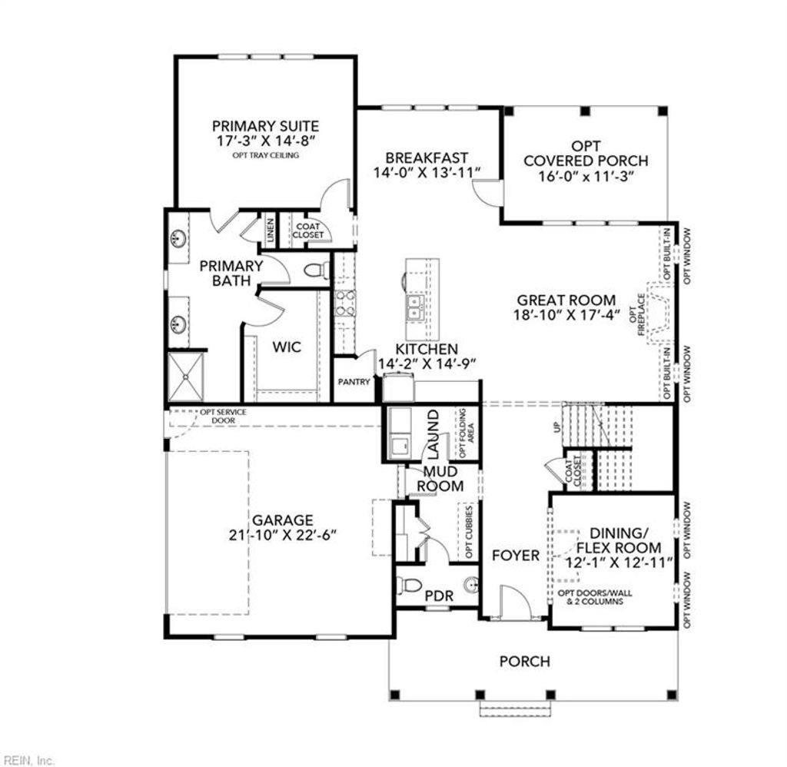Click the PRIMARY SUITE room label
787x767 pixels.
coord(265,126)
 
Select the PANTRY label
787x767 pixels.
coord(354,382)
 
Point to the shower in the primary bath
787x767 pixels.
coord(186,376)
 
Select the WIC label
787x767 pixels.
coord(287,347)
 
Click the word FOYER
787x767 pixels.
coord(515,556)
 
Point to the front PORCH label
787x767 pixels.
coord(525,661)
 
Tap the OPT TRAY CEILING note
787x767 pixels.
coord(265,155)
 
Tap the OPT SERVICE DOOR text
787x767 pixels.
coord(223,416)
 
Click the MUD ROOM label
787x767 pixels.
coord(440,479)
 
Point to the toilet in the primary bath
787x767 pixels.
coord(316,270)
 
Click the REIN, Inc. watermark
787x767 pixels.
coord(28,760)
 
